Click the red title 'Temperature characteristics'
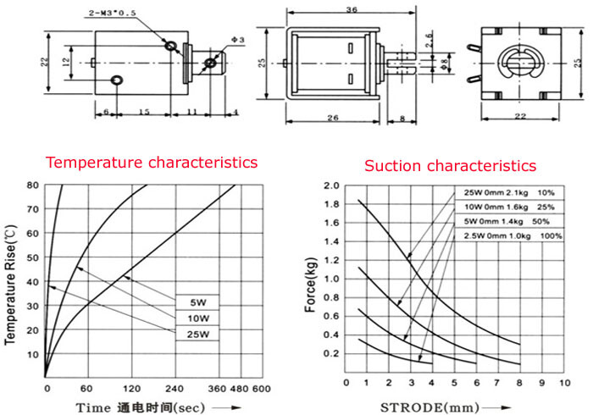click(152, 163)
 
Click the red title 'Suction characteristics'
click(450, 166)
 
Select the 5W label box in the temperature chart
click(197, 302)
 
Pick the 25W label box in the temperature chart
click(197, 334)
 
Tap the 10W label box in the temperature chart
click(197, 318)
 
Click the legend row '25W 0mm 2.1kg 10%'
click(509, 193)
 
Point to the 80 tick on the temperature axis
click(32, 185)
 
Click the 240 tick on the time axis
click(175, 389)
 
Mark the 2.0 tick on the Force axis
click(331, 185)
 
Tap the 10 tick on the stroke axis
click(565, 383)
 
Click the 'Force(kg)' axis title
click(311, 285)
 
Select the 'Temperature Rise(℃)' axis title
click(10, 285)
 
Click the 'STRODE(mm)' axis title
click(430, 407)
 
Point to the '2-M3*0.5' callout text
click(112, 14)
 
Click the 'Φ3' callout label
click(238, 40)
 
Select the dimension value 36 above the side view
click(352, 9)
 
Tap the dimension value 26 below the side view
click(332, 118)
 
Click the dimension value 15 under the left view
click(144, 112)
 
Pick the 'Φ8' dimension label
click(445, 63)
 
